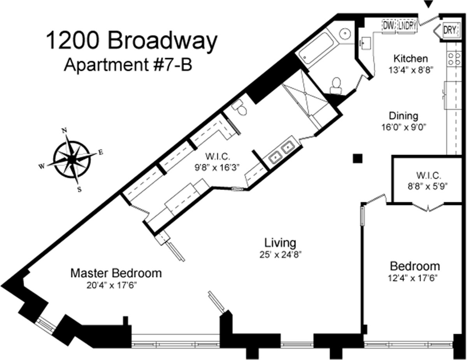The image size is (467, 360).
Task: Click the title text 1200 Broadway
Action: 131,41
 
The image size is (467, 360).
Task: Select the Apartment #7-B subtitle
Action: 128,65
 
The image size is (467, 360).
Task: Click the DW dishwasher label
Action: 388,26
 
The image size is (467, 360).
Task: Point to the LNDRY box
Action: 407,26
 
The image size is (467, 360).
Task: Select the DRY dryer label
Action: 449,30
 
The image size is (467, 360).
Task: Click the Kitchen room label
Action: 411,59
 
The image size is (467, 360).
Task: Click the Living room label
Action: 280,243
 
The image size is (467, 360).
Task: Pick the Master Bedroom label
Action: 116,273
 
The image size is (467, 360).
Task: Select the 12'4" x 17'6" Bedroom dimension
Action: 415,278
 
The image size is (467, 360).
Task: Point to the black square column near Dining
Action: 358,158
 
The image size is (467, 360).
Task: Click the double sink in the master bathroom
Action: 282,152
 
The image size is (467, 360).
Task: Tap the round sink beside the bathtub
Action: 344,34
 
